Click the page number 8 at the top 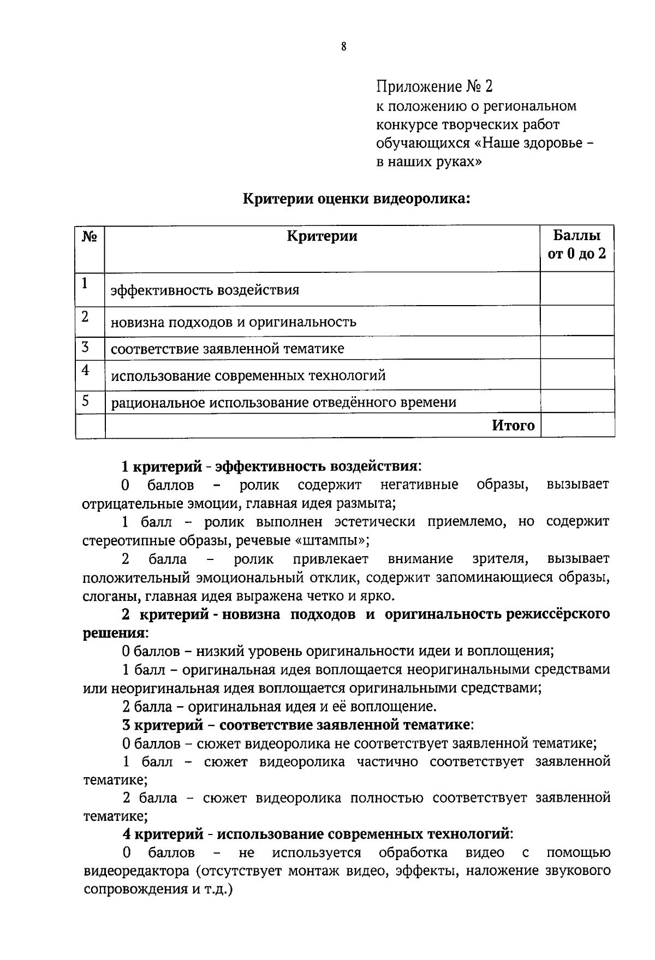point(343,47)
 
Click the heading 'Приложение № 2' point(434,86)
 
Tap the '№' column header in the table point(90,237)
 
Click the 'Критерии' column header point(322,236)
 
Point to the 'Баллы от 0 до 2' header point(577,245)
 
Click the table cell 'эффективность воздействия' point(205,290)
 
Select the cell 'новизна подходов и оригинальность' point(234,322)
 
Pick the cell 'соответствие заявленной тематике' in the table point(228,349)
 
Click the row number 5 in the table point(86,402)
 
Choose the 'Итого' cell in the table point(513,426)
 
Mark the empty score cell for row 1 point(577,289)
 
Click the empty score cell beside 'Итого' point(577,426)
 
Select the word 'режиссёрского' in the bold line point(557,615)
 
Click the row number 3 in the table point(85,348)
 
